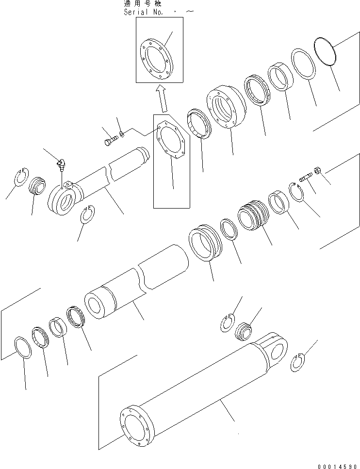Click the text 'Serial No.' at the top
point(145,11)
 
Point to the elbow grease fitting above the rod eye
point(61,165)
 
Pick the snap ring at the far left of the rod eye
point(21,175)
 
